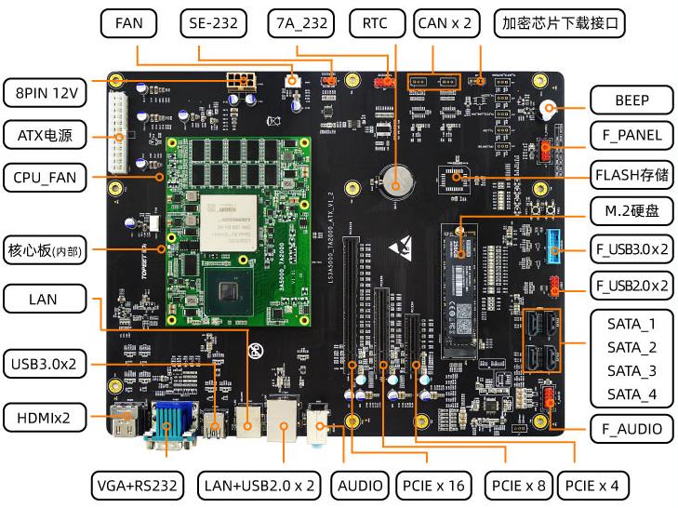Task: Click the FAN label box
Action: point(129,23)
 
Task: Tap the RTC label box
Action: point(376,23)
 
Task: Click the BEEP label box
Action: point(631,99)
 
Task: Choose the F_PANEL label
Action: point(631,135)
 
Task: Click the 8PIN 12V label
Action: point(45,93)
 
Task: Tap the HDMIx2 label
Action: point(45,418)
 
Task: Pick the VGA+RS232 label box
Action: point(141,486)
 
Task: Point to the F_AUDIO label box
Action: point(631,429)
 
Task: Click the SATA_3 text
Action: point(631,371)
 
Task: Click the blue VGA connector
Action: point(167,423)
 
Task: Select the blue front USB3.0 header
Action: point(556,240)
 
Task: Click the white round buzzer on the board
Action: point(550,109)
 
